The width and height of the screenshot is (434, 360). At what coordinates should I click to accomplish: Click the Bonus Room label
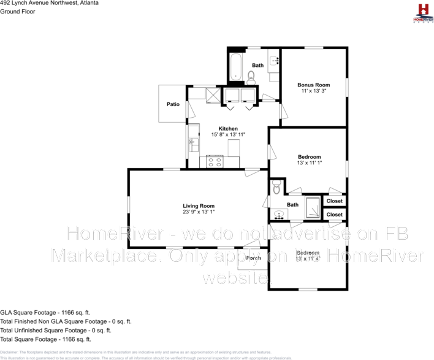[313, 85]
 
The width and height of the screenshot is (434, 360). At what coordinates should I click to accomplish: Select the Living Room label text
[199, 206]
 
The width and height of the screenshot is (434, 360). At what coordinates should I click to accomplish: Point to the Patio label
[173, 104]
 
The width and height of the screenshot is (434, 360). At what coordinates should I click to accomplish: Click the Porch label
[253, 258]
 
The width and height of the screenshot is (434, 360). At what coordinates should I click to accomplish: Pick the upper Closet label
[335, 201]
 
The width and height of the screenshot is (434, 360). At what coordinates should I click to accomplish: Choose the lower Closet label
[335, 215]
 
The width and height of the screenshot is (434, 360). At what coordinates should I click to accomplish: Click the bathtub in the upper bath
[236, 66]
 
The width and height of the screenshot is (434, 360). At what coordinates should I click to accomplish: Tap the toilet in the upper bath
[251, 76]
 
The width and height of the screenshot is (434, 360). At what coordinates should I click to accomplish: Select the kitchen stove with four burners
[215, 162]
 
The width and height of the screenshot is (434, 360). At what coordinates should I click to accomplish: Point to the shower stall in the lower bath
[312, 208]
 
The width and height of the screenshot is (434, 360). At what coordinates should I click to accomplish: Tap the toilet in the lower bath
[276, 186]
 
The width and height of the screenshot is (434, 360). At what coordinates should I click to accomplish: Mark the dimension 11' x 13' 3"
[313, 91]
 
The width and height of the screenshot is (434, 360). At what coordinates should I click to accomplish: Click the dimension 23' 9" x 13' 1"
[199, 212]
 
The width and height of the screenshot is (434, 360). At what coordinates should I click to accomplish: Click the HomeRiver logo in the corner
[422, 12]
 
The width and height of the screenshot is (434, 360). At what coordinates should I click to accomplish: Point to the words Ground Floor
[16, 11]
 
